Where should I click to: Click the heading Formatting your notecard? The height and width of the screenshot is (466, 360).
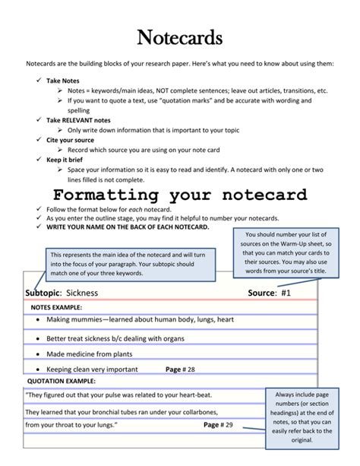pyautogui.click(x=180, y=195)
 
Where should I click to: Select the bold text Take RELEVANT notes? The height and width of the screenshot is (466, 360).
pyautogui.click(x=78, y=120)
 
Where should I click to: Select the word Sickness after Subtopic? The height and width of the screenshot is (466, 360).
pyautogui.click(x=82, y=292)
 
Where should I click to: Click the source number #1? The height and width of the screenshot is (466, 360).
pyautogui.click(x=286, y=292)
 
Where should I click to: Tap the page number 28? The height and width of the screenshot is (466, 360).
pyautogui.click(x=191, y=369)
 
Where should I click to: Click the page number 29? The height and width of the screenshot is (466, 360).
pyautogui.click(x=229, y=425)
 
